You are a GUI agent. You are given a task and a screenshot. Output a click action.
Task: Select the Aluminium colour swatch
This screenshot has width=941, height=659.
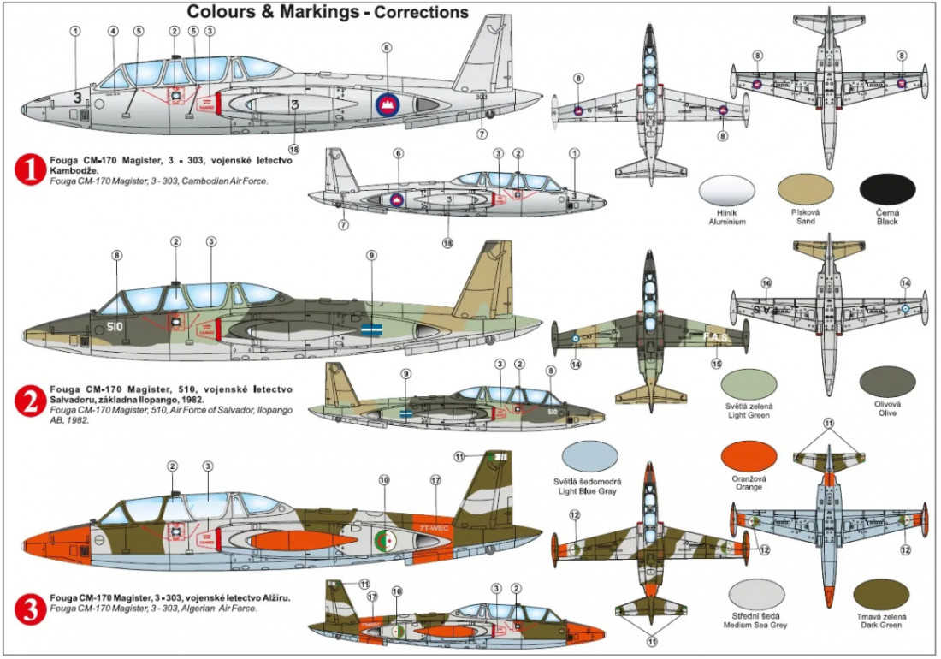pos(727,192)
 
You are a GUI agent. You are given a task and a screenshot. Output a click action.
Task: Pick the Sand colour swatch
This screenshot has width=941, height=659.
pos(805,192)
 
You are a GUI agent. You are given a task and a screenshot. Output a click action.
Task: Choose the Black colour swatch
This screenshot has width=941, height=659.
pos(885,192)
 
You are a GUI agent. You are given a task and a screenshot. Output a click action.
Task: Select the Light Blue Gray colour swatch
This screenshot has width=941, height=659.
pos(590,460)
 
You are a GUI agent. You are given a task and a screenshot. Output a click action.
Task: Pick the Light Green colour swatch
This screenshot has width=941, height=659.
pos(749,384)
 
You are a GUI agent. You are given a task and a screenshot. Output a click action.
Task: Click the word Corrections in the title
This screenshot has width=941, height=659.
pos(419,12)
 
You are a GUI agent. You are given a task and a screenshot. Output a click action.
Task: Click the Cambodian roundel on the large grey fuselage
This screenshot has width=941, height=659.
pos(388,104)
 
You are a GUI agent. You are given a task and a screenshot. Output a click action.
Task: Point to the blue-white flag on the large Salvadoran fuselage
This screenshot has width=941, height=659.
pos(372,328)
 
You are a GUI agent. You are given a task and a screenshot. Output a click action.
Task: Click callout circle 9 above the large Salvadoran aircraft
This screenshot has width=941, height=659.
pos(370,255)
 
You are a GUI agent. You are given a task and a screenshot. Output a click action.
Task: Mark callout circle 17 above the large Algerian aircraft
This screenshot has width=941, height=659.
pos(435,480)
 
